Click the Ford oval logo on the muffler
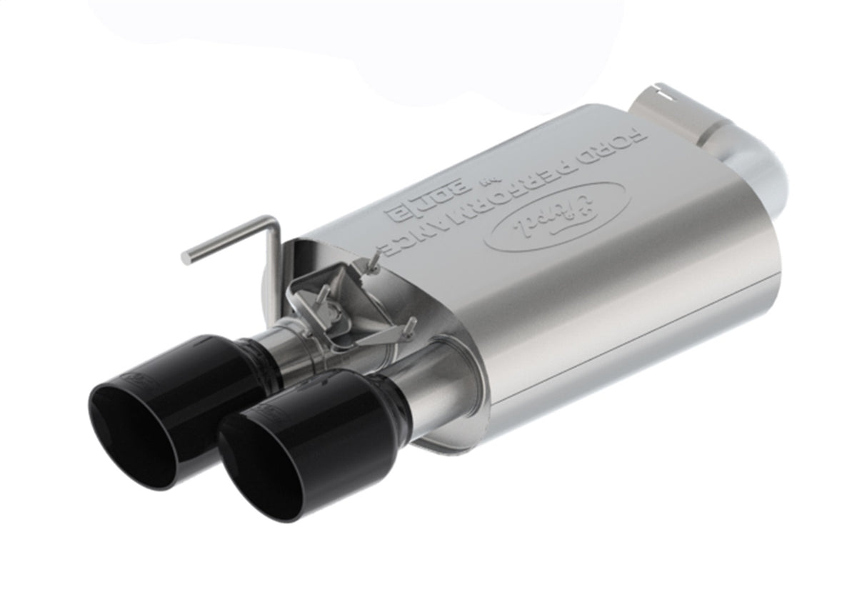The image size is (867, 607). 556,216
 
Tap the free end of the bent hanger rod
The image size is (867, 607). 187,257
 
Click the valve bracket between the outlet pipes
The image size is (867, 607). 336,307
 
